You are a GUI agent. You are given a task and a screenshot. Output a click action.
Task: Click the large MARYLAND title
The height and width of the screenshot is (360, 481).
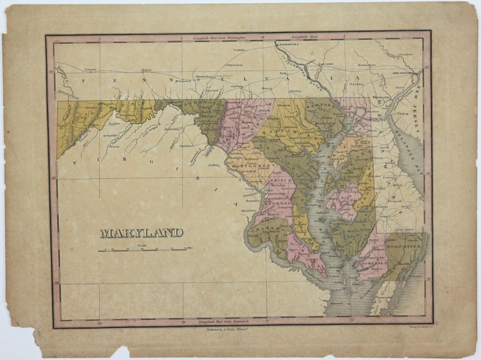click(142, 232)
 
